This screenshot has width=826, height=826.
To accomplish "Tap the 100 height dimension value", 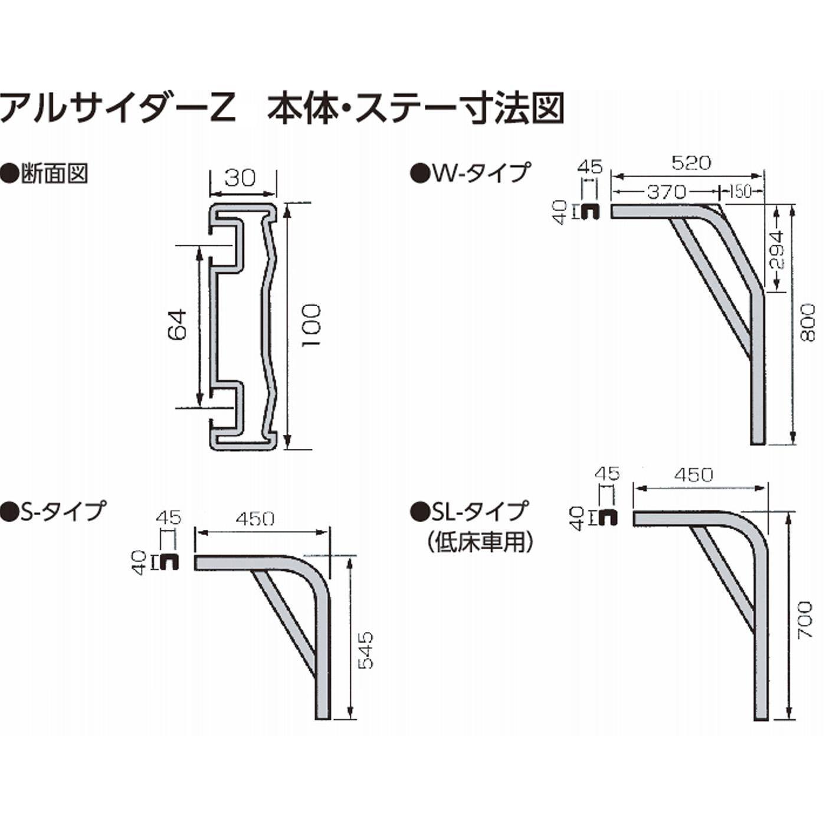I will [311, 325].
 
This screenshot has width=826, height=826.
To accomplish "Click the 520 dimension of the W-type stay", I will [691, 163].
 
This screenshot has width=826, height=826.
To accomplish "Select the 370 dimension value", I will [667, 192].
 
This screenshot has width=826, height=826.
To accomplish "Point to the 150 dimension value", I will [741, 192].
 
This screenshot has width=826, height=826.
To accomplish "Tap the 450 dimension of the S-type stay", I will [255, 519].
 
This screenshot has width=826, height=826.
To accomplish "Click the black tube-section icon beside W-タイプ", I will [589, 211].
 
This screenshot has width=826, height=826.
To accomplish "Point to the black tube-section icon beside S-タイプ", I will [169, 562].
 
